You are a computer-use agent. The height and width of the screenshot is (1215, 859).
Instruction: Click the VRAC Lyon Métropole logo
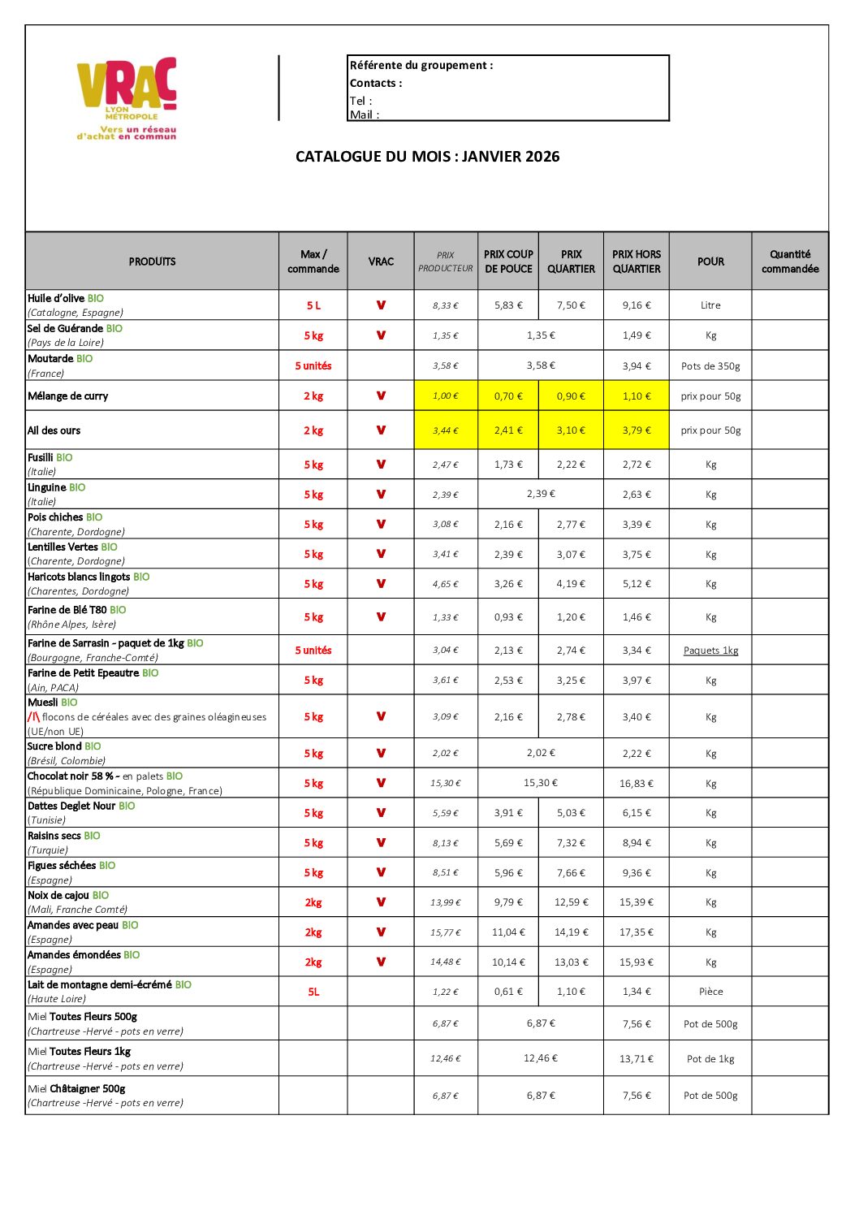pyautogui.click(x=127, y=97)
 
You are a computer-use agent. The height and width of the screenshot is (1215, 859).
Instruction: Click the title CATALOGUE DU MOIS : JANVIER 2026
pyautogui.click(x=427, y=157)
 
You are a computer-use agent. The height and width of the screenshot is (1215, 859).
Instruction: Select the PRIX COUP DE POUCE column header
pyautogui.click(x=508, y=262)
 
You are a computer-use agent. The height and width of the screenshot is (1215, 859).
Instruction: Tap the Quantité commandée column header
pyautogui.click(x=790, y=262)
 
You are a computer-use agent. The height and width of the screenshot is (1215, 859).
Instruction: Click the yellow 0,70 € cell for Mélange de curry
pyautogui.click(x=508, y=396)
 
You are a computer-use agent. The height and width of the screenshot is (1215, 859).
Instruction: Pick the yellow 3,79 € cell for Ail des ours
pyautogui.click(x=637, y=430)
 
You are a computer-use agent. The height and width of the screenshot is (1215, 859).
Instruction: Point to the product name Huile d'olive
pyautogui.click(x=55, y=298)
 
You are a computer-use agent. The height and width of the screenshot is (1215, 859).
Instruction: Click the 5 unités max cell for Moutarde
pyautogui.click(x=313, y=366)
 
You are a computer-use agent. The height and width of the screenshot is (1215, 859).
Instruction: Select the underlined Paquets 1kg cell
pyautogui.click(x=710, y=651)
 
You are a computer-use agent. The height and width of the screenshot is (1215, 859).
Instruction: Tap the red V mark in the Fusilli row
pyautogui.click(x=381, y=465)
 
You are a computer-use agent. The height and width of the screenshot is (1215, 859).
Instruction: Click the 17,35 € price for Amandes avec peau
pyautogui.click(x=637, y=932)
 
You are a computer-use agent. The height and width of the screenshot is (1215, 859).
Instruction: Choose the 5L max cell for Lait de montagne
pyautogui.click(x=313, y=992)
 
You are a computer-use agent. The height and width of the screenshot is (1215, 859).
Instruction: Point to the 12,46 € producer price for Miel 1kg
pyautogui.click(x=446, y=1059)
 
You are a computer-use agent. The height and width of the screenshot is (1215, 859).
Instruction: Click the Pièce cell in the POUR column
pyautogui.click(x=710, y=992)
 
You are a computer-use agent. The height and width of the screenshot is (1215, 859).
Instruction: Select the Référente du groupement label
pyautogui.click(x=421, y=66)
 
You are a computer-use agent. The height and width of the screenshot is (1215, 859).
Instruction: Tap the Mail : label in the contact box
pyautogui.click(x=365, y=115)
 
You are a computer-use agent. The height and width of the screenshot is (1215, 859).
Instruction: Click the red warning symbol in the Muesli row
pyautogui.click(x=33, y=717)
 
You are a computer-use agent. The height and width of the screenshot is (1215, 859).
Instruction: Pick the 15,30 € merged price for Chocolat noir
pyautogui.click(x=541, y=783)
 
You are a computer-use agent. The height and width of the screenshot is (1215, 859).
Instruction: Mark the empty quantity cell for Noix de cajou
pyautogui.click(x=790, y=902)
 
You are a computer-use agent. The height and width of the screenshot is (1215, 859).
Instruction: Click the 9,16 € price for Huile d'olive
pyautogui.click(x=637, y=305)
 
